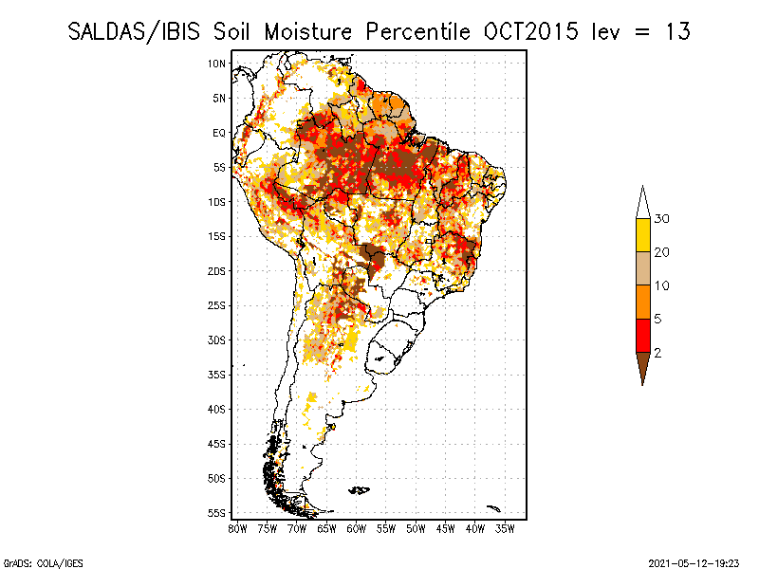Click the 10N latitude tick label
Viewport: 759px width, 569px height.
coord(217,64)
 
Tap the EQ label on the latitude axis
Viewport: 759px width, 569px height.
coord(219,133)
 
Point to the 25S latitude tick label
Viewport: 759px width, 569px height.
coord(217,305)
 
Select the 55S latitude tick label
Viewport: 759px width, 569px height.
coord(217,513)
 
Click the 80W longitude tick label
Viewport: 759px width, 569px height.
coord(237,527)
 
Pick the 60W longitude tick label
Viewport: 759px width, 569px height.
coord(357,527)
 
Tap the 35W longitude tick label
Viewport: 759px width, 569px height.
coord(506,527)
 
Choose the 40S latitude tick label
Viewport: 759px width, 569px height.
coord(217,409)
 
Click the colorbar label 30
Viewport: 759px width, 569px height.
coord(662,219)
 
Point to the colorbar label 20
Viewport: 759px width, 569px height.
coord(662,252)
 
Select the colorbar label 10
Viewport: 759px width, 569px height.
coord(662,285)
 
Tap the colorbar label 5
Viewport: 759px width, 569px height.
coord(658,319)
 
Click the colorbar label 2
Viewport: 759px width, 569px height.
coord(658,352)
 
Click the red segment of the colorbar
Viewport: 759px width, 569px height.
coord(642,335)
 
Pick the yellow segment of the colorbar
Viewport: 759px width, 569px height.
coord(642,235)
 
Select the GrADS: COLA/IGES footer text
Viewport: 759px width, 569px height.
coord(32,561)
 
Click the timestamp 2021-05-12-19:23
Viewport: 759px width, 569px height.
coord(693,561)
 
